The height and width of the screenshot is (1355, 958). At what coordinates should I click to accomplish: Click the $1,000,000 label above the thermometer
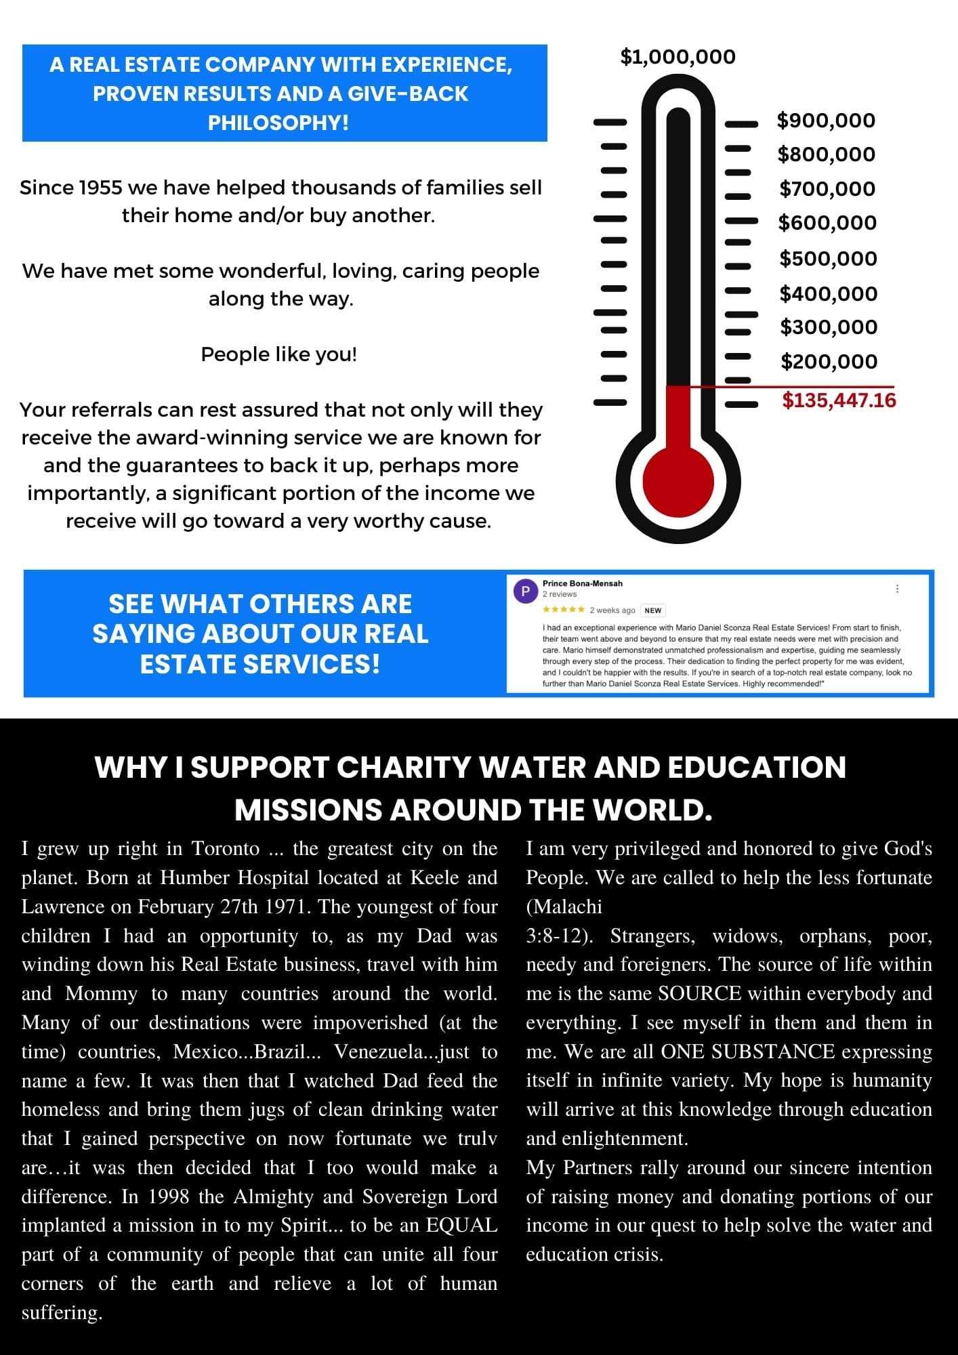[678, 57]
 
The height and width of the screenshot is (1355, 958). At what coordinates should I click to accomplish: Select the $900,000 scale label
[826, 121]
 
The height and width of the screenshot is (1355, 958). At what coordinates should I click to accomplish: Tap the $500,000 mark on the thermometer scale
[828, 259]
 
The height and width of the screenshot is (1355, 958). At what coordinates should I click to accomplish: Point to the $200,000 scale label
[829, 362]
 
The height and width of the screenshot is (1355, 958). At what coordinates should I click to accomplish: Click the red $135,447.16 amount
[839, 400]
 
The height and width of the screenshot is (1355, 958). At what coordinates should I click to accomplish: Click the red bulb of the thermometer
[678, 482]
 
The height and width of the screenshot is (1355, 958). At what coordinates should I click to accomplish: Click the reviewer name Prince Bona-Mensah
[582, 583]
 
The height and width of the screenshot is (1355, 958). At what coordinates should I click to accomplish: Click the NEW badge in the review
[652, 610]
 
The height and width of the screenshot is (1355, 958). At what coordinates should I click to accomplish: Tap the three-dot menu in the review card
[897, 589]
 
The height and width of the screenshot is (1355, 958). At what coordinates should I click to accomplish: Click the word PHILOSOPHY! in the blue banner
[278, 123]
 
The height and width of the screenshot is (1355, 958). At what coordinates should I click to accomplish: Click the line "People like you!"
[278, 354]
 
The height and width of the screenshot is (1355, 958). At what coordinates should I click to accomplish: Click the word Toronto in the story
[226, 849]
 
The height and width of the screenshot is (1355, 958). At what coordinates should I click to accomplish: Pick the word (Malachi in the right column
[564, 906]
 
